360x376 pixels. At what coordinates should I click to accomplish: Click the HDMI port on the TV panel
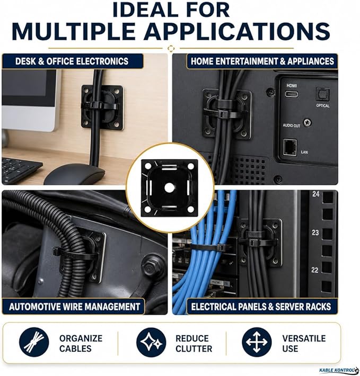click(x=292, y=94)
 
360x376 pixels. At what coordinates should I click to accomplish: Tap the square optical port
click(x=322, y=94)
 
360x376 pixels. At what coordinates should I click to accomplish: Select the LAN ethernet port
click(x=290, y=147)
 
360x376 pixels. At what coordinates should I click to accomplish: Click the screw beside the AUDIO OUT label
click(x=307, y=122)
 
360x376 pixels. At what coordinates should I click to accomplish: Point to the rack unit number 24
click(x=316, y=194)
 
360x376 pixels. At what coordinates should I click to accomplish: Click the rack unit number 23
click(x=315, y=232)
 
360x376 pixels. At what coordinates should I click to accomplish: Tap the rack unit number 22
click(x=315, y=270)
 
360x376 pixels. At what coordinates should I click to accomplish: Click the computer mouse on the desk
click(x=74, y=174)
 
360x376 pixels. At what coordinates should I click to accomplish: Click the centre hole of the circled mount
click(x=169, y=188)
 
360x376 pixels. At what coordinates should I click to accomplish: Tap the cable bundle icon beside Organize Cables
click(x=34, y=342)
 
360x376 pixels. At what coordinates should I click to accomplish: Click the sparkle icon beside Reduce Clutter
click(x=151, y=342)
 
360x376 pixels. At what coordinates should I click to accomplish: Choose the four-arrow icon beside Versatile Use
click(x=257, y=342)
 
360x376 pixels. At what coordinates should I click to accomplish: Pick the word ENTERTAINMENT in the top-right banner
click(x=247, y=61)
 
